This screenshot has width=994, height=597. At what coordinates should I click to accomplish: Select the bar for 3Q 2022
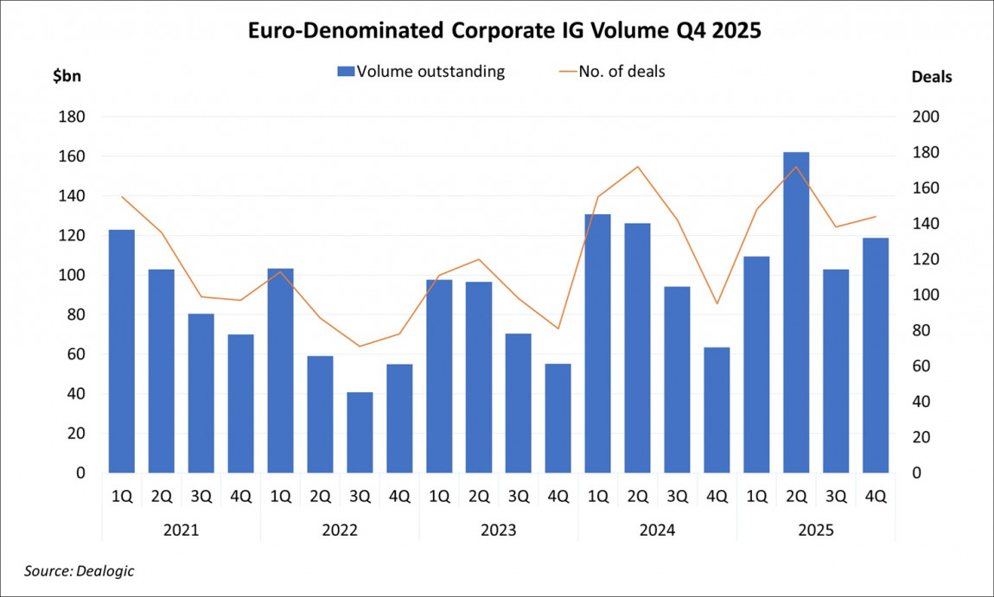360,432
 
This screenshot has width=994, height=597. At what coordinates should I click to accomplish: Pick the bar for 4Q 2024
717,410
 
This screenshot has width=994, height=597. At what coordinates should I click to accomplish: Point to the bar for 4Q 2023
558,418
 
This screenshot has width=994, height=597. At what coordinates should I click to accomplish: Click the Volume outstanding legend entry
420,72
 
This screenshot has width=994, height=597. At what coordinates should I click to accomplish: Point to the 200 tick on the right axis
926,117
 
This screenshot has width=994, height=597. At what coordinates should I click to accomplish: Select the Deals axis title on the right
932,77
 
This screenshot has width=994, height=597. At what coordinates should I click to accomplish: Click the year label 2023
499,530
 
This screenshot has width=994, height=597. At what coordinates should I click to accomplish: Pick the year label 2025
816,530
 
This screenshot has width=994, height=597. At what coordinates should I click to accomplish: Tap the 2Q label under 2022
320,497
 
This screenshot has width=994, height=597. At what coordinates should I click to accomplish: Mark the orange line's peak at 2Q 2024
637,167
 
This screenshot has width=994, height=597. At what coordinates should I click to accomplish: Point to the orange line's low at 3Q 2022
360,346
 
